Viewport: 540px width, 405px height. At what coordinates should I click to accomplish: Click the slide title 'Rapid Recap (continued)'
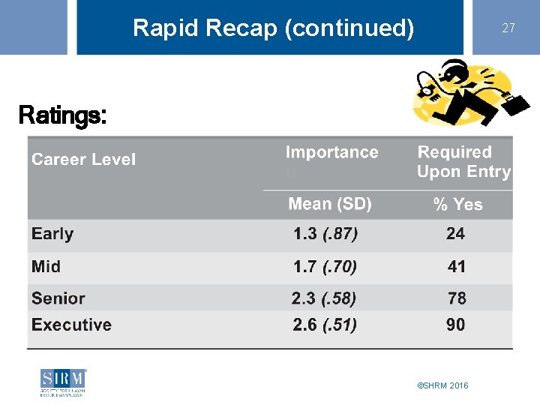coord(273,28)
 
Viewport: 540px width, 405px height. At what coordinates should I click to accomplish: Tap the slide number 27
coord(508,28)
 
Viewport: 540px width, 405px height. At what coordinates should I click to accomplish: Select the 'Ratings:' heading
coord(62,115)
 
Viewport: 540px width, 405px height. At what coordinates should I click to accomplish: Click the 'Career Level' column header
coord(83,159)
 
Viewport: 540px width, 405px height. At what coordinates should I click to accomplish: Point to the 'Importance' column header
coord(331,152)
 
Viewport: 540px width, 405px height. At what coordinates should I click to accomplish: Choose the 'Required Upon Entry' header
coord(463,162)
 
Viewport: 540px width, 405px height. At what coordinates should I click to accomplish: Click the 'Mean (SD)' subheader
coord(330,204)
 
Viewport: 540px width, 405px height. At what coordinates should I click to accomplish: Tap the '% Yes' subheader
coord(457,204)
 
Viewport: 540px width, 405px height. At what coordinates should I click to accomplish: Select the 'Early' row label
coord(52,234)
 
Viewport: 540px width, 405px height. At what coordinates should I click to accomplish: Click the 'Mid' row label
coord(46,267)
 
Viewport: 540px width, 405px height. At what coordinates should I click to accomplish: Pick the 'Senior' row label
coord(58,298)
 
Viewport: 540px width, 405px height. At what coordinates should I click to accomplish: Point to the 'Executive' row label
coord(71,325)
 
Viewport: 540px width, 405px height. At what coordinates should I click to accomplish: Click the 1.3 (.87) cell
coord(325,234)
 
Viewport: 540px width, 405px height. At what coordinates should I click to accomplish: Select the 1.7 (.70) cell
coord(325,267)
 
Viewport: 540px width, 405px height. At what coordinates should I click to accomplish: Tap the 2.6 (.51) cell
coord(325,325)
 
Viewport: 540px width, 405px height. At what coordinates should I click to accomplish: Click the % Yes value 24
coord(455,234)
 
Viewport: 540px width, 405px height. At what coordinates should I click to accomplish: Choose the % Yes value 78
coord(457,298)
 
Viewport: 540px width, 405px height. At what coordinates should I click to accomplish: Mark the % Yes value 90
coord(455,325)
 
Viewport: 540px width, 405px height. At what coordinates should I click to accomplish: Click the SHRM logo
coord(64,382)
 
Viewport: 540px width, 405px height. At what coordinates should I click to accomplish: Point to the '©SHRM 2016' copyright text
coord(442,385)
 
